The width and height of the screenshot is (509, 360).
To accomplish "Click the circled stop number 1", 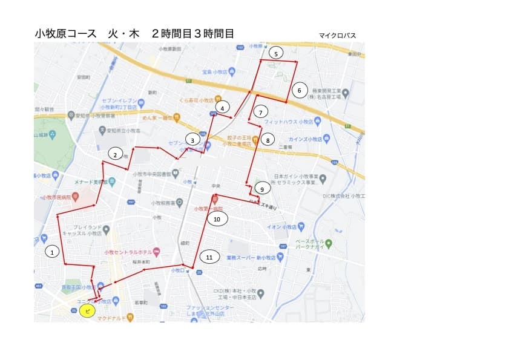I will tap(53, 252).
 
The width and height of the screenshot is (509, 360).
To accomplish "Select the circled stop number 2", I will tap(115, 154).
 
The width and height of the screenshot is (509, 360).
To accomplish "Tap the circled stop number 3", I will tap(192, 140).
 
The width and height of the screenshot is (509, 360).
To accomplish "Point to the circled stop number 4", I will tap(223, 108).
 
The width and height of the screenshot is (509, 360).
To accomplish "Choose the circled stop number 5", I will tap(276, 53).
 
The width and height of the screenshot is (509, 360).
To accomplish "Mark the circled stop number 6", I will tap(299, 91).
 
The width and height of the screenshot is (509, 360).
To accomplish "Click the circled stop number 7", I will tap(261, 112).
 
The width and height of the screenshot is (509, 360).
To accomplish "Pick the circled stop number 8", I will tap(268, 140).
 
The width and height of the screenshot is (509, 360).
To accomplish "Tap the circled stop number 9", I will tap(262, 189).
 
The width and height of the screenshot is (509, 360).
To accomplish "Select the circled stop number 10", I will tap(217, 218).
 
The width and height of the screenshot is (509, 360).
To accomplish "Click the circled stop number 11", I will tap(209, 257).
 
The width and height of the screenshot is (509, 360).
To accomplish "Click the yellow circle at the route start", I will tap(88, 311).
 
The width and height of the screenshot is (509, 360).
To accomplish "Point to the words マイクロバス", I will tap(337, 36).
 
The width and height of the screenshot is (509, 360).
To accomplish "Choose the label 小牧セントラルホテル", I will tap(128, 252).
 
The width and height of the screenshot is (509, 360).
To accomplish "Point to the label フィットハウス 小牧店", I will tap(285, 122).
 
